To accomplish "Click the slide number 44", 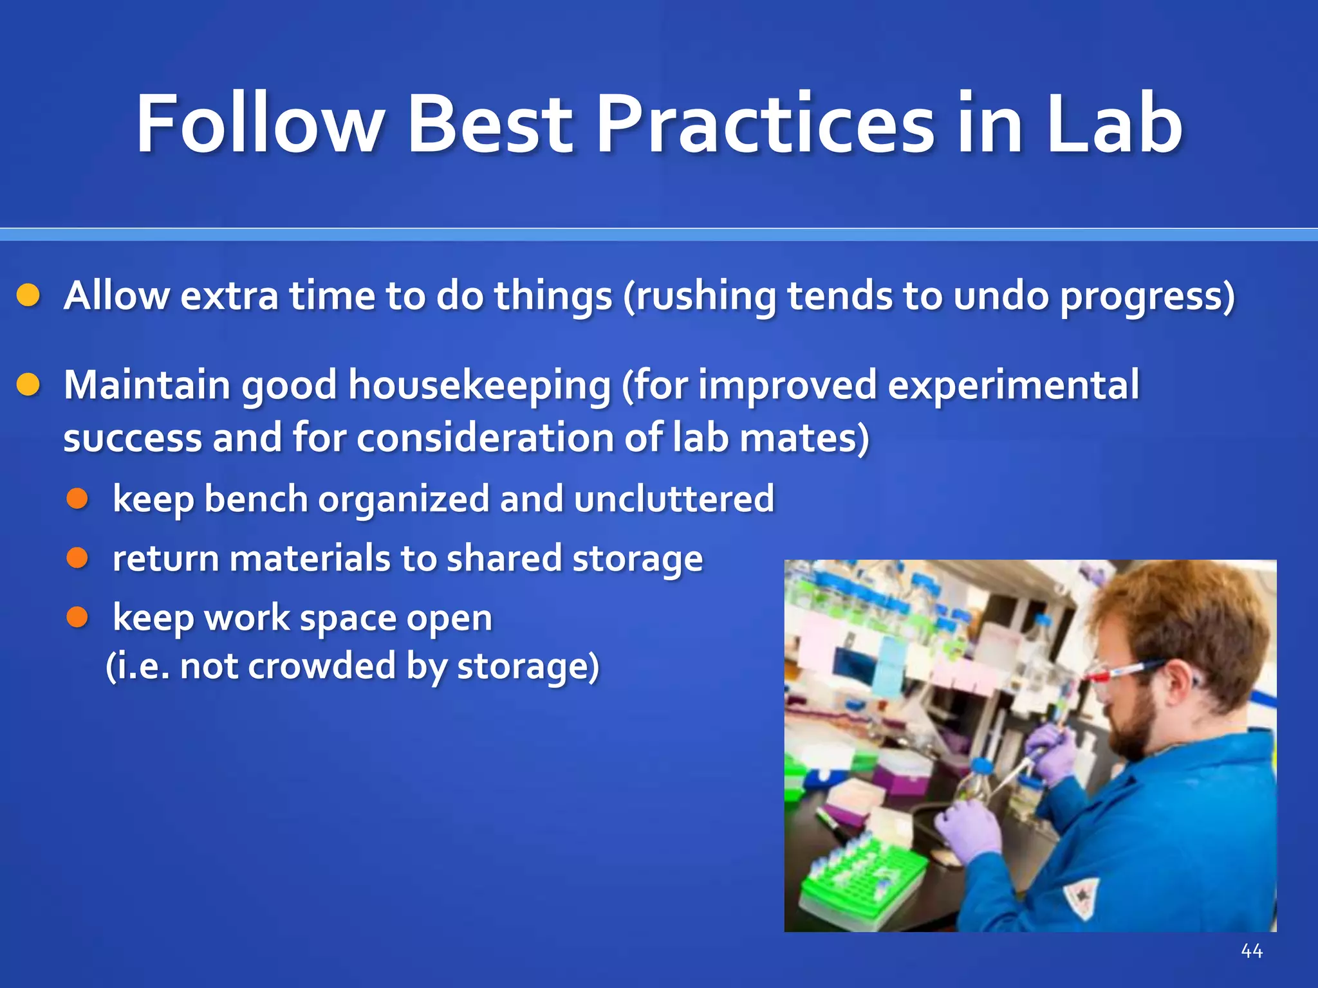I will (x=1252, y=951).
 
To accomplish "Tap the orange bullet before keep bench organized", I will (x=77, y=499).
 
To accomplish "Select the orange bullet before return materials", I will (x=77, y=558).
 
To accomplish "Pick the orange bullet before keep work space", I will (x=77, y=617).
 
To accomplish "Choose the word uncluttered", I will (x=674, y=499).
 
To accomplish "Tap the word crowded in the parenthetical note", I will (x=322, y=666).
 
